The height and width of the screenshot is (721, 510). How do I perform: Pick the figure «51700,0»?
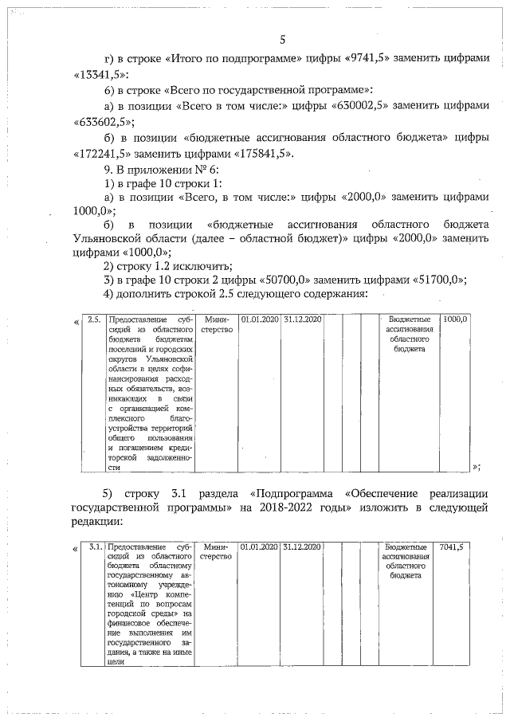click(x=433, y=279)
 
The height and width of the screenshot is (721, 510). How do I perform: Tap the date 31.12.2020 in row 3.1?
click(x=302, y=547)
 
